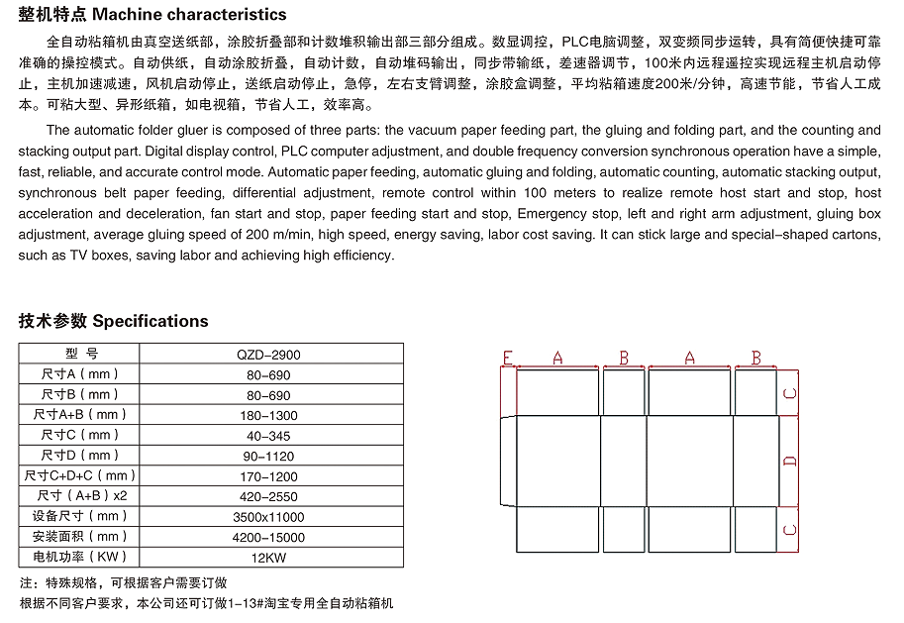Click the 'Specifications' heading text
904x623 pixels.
click(x=151, y=321)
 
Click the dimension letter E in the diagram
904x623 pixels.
click(x=507, y=358)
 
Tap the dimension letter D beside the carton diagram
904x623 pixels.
click(x=789, y=461)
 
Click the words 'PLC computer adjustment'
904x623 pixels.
click(x=360, y=152)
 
